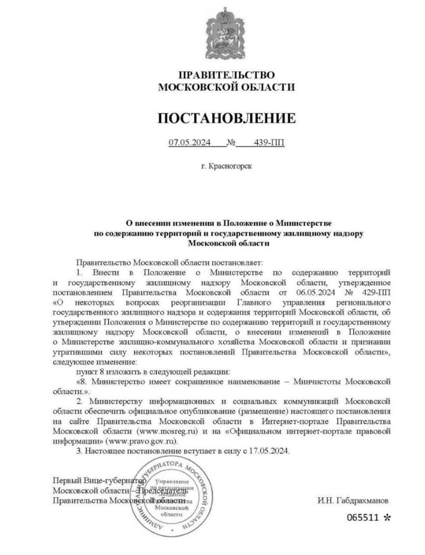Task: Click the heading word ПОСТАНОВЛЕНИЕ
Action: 226,118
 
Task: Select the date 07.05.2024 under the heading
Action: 190,143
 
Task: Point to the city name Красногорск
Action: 230,166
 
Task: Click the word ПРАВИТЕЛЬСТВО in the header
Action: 226,75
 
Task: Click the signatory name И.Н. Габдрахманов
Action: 353,500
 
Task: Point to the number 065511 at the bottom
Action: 363,517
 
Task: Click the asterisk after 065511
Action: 387,517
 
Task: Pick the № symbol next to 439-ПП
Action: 230,143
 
